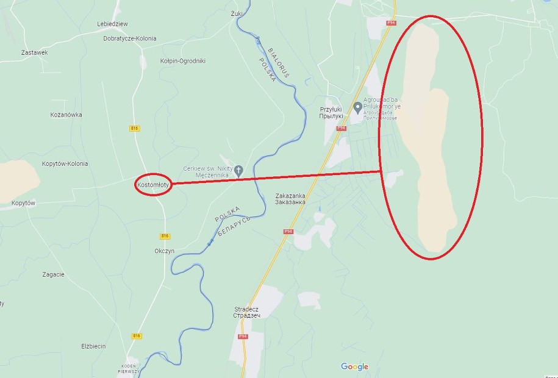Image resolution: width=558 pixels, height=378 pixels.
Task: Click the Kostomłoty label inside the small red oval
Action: tap(152, 183)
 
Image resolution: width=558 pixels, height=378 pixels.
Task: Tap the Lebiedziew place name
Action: tap(112, 24)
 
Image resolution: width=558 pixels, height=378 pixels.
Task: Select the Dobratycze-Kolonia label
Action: tap(130, 38)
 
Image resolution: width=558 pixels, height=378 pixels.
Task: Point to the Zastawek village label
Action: tap(34, 52)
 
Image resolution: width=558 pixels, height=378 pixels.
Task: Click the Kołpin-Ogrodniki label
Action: tap(182, 61)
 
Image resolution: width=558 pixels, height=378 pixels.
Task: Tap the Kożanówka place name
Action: tap(66, 115)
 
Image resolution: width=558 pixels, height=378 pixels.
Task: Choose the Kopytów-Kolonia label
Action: tap(65, 163)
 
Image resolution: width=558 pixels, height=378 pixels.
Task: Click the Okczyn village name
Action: tap(165, 251)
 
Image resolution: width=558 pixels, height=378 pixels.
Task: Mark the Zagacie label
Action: tap(54, 274)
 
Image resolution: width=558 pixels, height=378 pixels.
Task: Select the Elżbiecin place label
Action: tap(93, 346)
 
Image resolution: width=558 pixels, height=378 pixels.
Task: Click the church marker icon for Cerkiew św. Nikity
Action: tap(238, 169)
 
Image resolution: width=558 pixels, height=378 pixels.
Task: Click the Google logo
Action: tap(354, 366)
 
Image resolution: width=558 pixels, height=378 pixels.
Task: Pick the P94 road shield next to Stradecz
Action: tap(243, 336)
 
